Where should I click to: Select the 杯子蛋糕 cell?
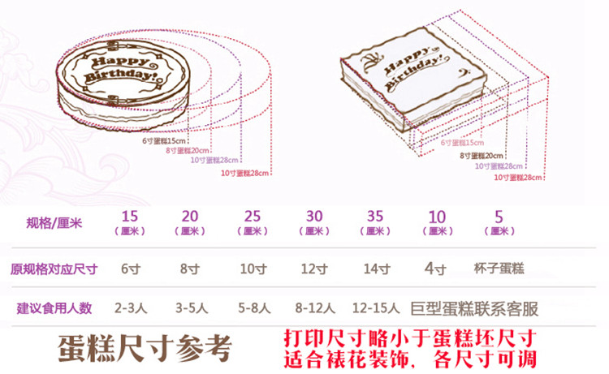tap(497, 267)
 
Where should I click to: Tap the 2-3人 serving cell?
tap(129, 308)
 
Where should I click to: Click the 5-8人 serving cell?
tap(253, 308)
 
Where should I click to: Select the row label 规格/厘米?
tap(54, 222)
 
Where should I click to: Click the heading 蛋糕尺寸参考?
tap(145, 348)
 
